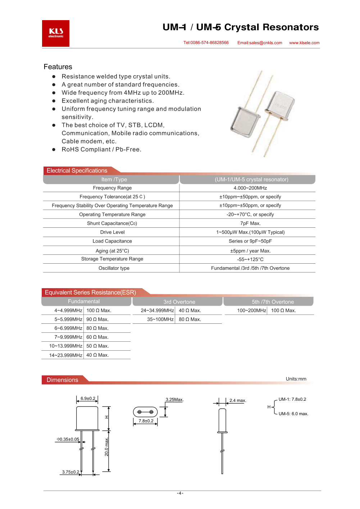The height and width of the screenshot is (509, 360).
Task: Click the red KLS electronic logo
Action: [x=56, y=33]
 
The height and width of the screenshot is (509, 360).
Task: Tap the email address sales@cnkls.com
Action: [x=260, y=43]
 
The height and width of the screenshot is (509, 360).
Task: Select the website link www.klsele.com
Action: [x=304, y=43]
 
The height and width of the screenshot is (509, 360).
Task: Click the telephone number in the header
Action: [x=206, y=43]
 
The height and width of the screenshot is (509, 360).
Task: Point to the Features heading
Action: [x=58, y=67]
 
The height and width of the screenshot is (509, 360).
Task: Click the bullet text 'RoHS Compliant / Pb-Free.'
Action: [x=101, y=150]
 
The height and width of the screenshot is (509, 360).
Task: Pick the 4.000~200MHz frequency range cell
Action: [x=250, y=188]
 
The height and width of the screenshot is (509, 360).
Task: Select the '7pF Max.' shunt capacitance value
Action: [x=250, y=223]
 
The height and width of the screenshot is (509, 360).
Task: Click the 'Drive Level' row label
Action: [x=112, y=232]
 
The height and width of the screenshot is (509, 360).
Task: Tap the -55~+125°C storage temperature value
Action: [x=250, y=259]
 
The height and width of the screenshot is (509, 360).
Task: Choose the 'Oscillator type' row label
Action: [x=114, y=268]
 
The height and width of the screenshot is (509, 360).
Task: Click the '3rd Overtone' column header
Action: [x=179, y=302]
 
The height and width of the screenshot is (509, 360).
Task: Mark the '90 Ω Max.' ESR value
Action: [x=97, y=319]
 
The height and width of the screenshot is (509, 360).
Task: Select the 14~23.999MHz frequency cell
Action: [x=66, y=355]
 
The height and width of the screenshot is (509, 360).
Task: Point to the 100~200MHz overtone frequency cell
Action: [x=251, y=311]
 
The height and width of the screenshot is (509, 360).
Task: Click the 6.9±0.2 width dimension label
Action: [x=88, y=399]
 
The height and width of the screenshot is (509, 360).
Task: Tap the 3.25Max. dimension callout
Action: [x=174, y=400]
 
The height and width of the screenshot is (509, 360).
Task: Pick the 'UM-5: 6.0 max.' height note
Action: [x=293, y=414]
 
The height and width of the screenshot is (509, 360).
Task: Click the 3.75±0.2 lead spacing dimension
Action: [x=70, y=472]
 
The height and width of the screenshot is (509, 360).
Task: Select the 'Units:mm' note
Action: [x=296, y=379]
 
